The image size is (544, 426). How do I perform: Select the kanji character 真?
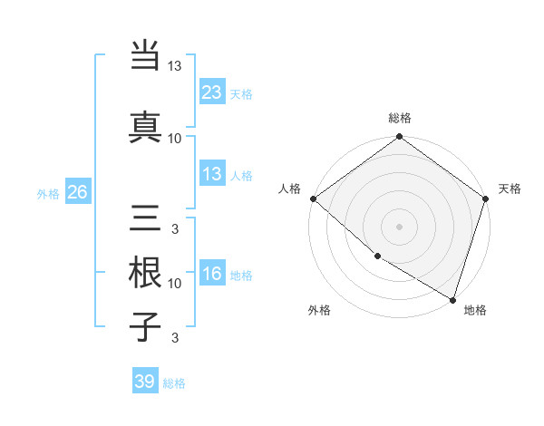146,126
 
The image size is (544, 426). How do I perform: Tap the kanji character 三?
146,218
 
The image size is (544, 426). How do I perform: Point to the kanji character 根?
146,272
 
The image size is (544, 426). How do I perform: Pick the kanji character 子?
146,326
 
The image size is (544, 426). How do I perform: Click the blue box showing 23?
212,92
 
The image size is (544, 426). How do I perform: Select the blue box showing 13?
212,175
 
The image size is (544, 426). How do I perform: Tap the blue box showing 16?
212,275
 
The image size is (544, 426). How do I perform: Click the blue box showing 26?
77,192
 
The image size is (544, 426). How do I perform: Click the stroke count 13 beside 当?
175,67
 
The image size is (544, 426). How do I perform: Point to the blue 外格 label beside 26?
48,193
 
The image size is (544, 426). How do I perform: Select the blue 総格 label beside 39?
174,382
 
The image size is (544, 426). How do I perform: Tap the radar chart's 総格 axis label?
400,118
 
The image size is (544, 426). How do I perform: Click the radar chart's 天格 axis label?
510,189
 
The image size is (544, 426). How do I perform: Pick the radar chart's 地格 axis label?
475,310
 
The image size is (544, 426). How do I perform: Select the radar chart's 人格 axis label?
290,189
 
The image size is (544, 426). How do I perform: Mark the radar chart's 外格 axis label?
319,310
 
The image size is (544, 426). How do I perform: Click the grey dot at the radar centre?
400,226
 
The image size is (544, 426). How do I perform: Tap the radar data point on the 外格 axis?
377,257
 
